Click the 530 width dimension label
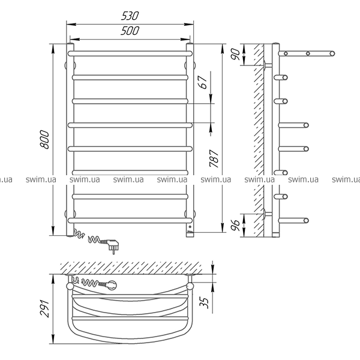pos(130,16)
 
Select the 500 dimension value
pos(130,31)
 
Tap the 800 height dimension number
pos(44,140)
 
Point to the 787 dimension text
pos(214,158)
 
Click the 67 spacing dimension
pos(203,82)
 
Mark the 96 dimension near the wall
pos(235,225)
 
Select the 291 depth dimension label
pos(44,308)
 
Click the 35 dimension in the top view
pos(204,302)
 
